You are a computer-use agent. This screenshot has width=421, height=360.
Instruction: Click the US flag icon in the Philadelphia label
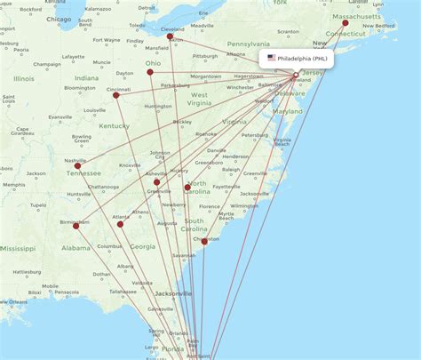coord(271,59)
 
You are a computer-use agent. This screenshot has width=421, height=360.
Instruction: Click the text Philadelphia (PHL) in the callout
coord(303,59)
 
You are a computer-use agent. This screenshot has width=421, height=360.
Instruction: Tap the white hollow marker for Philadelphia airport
coord(296,75)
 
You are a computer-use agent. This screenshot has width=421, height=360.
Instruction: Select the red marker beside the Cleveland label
coord(170,36)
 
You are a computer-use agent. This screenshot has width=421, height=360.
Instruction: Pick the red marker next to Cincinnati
coord(115,95)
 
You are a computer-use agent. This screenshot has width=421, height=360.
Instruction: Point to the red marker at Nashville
coord(78,165)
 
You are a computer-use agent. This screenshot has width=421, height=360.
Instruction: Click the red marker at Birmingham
coord(75,225)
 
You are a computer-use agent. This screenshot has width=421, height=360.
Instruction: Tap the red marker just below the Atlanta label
coord(120,224)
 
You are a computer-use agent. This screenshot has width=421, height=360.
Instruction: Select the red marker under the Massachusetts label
coord(346,23)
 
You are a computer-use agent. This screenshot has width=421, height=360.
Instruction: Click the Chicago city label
coord(60,18)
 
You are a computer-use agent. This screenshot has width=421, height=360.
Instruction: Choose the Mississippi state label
coord(18,250)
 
